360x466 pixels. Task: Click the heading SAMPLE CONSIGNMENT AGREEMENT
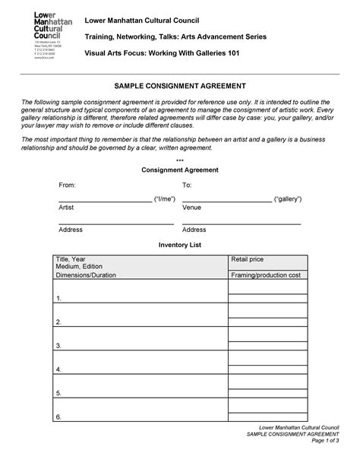coord(180,87)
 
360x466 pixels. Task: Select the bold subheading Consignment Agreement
coord(180,170)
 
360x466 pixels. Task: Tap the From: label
coord(68,185)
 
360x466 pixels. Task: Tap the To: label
coord(187,185)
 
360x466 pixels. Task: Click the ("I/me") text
coord(165,198)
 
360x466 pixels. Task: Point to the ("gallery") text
coord(288,198)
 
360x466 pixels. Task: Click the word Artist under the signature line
coord(67,207)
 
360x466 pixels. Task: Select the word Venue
coord(191,207)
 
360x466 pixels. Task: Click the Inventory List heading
coord(180,246)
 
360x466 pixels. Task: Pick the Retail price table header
coord(248,259)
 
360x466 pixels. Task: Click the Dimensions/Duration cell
coord(86,274)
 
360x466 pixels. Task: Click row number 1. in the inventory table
coord(58,299)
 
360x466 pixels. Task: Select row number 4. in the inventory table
coord(58,369)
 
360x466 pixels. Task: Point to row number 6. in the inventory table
coord(58,417)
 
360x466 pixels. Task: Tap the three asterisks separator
coord(180,161)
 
